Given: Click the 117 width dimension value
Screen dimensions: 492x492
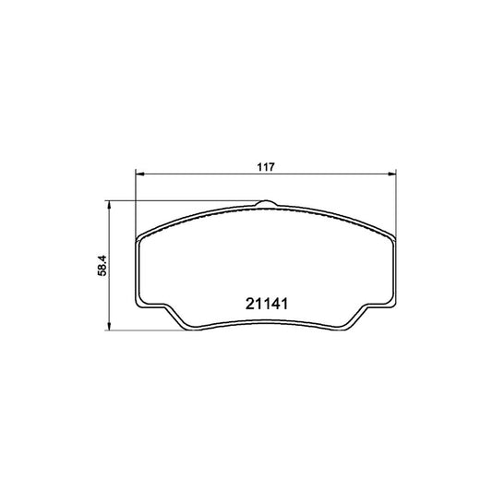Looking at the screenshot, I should point(266,167).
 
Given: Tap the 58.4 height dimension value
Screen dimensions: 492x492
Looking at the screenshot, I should point(105,264).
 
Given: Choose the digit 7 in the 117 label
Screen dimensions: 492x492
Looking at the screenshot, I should point(272,167).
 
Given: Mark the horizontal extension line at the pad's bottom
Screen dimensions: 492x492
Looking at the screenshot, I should point(148,329).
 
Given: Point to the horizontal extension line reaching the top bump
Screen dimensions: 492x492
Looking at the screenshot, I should point(185,200).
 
